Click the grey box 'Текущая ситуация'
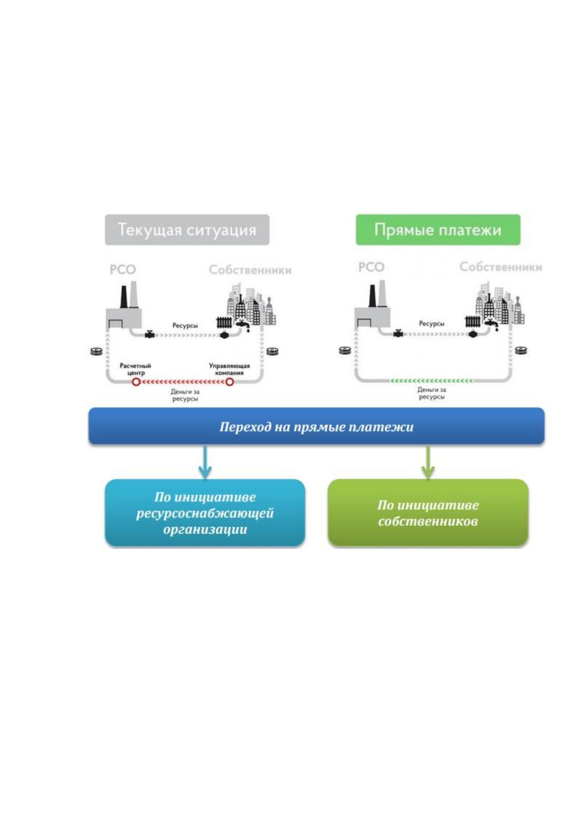click(187, 230)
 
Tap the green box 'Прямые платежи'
click(438, 230)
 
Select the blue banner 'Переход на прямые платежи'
click(316, 427)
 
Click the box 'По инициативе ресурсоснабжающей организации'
click(205, 513)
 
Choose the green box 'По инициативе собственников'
click(428, 513)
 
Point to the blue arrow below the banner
click(205, 462)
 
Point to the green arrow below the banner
click(428, 462)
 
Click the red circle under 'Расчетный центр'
click(136, 382)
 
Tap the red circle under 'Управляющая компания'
click(229, 382)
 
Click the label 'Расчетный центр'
click(136, 369)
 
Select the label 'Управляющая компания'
click(229, 369)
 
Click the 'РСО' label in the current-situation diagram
click(123, 270)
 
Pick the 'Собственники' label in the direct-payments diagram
click(501, 267)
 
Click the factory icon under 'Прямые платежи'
click(372, 304)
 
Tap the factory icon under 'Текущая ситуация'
click(124, 305)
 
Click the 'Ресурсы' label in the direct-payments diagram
click(431, 323)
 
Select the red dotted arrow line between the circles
click(183, 382)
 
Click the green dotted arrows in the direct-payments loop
click(431, 381)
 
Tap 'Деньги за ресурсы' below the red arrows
click(185, 395)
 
